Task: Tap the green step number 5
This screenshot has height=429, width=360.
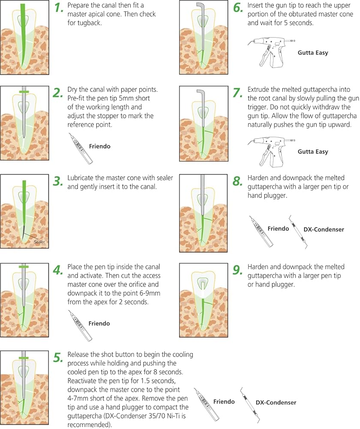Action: pos(58,358)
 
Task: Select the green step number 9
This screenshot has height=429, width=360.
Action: pos(237,270)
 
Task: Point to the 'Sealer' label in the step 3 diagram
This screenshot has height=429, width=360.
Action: pos(39,242)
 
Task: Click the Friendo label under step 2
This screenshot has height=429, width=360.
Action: pos(100,146)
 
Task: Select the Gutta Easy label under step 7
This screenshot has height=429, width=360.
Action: pos(313,151)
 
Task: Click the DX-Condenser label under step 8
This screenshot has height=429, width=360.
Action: pos(324,230)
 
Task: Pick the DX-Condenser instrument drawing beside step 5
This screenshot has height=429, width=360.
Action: pos(250,405)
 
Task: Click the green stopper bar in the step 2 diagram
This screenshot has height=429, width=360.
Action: pos(24,92)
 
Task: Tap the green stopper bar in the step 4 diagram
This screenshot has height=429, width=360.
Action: pos(24,266)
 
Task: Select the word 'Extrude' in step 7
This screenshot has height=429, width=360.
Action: pos(258,90)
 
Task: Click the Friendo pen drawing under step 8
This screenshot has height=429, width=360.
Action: pos(261,232)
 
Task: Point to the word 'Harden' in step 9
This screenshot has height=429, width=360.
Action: pos(258,267)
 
